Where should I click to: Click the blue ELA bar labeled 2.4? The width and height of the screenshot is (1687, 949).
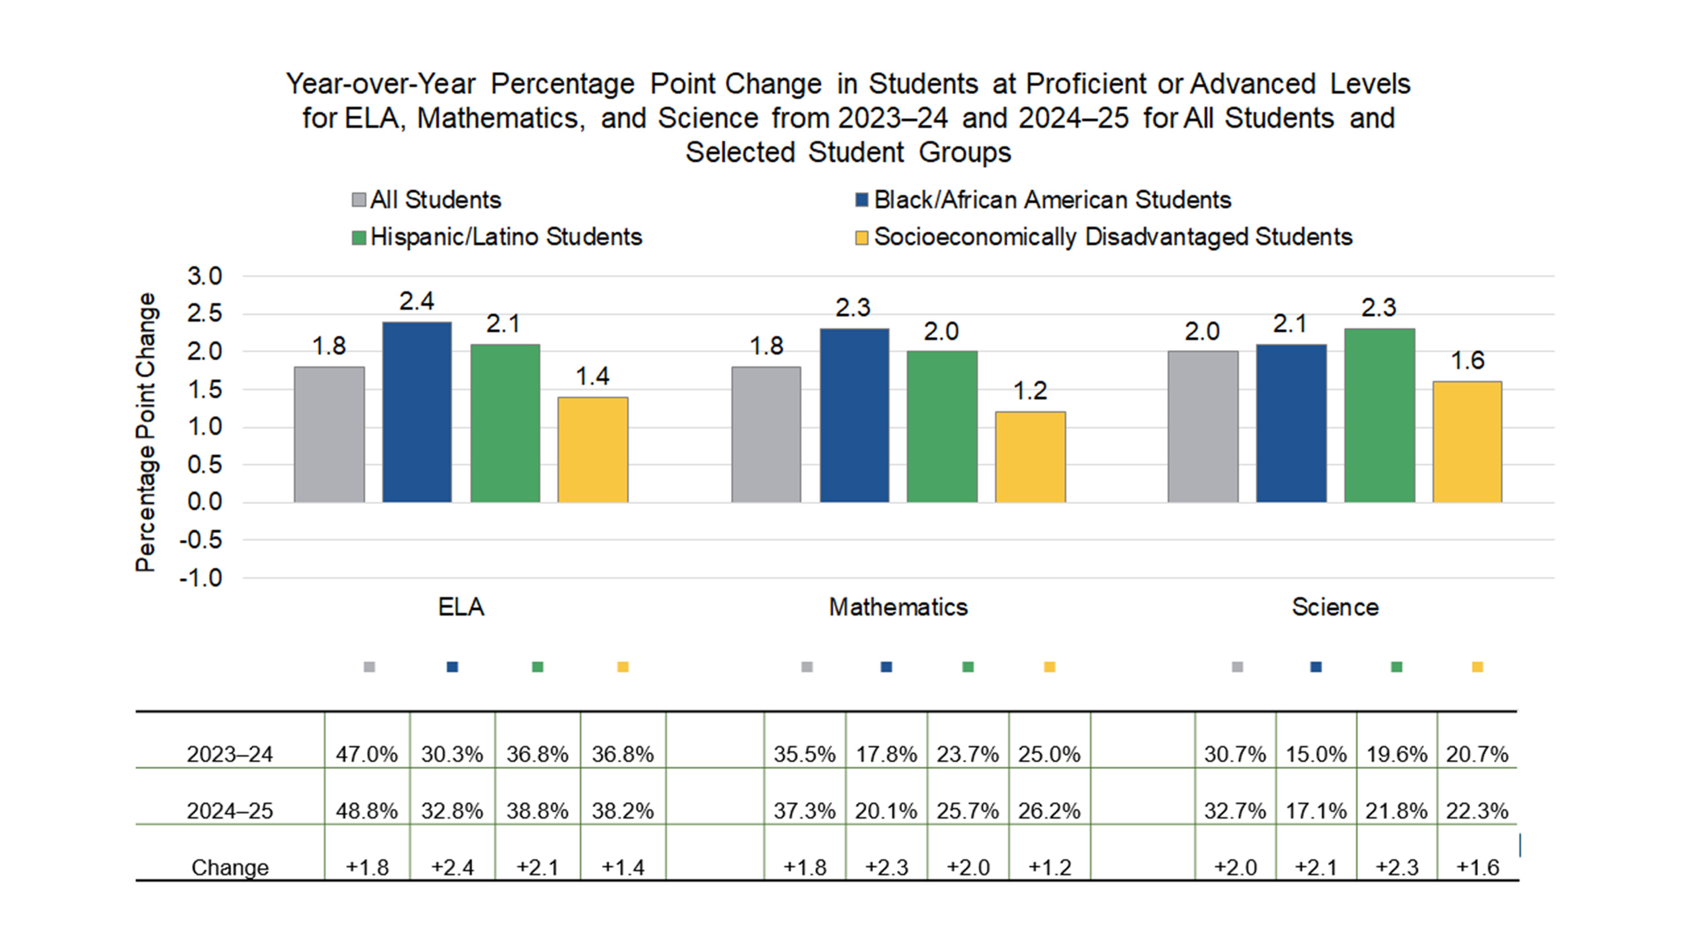click(416, 412)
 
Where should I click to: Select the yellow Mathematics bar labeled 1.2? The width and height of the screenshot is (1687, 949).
click(1030, 457)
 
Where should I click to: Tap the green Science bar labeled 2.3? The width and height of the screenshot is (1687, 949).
click(1379, 415)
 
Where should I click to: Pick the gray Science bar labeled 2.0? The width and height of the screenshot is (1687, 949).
click(1203, 426)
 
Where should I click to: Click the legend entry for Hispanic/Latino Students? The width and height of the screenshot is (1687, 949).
click(497, 237)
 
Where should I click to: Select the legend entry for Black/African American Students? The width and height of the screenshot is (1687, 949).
click(1043, 200)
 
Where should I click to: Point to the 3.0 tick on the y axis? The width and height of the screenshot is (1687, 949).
click(204, 276)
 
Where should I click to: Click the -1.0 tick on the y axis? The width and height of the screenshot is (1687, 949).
click(201, 578)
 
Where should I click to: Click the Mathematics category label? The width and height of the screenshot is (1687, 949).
click(898, 607)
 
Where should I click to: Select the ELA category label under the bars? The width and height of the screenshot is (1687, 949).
click(461, 607)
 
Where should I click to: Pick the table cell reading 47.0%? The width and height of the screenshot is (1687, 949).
click(366, 754)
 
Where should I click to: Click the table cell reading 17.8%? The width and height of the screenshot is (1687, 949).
click(886, 754)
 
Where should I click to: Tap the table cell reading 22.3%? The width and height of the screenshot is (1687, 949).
click(1477, 811)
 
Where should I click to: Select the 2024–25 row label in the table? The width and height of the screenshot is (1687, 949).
click(229, 811)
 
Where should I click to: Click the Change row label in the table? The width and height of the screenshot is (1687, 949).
click(229, 867)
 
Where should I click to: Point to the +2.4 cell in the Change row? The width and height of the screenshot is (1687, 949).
click(452, 867)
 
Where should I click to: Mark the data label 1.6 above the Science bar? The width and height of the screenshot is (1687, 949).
click(1468, 360)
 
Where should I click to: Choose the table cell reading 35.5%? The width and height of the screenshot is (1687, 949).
click(804, 754)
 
